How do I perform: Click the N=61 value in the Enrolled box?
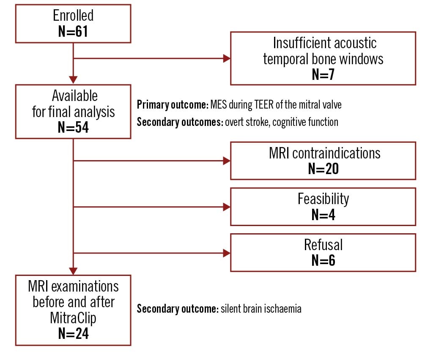tap(73, 32)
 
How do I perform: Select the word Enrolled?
tap(73, 16)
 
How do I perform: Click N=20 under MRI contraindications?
tap(323, 169)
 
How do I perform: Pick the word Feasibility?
tap(323, 199)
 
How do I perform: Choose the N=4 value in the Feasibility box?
tap(323, 214)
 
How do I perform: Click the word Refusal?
tap(323, 245)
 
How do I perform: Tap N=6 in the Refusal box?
tap(323, 260)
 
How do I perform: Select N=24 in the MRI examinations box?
tap(73, 334)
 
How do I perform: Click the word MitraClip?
tap(73, 318)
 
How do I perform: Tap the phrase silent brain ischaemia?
tap(260, 309)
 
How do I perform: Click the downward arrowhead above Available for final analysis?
tap(73, 79)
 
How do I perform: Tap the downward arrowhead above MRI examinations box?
tap(73, 270)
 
